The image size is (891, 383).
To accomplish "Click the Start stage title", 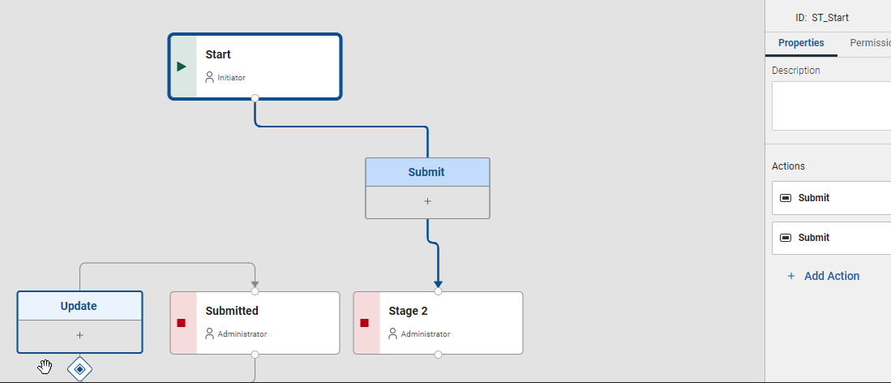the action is (x=217, y=54).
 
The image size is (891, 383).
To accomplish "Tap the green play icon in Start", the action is (x=182, y=67).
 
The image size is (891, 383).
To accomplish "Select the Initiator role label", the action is (x=231, y=77).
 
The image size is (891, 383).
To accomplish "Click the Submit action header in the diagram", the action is (x=427, y=172).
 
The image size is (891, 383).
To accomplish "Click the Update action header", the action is (x=79, y=306).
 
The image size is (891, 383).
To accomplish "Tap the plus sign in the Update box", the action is (x=79, y=335).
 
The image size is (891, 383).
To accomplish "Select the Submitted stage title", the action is (x=232, y=311).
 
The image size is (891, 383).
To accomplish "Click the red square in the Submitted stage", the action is (x=182, y=323).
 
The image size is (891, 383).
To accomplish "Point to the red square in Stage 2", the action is (x=364, y=323).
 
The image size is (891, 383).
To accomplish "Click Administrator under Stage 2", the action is (x=425, y=334).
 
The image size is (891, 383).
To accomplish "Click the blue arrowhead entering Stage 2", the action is (x=438, y=284).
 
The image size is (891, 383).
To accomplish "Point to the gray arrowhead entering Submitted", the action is (x=255, y=284).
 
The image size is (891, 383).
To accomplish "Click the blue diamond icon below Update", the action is (x=79, y=369).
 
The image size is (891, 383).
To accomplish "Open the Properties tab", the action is (x=801, y=43).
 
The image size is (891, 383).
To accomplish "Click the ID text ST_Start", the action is (x=830, y=18).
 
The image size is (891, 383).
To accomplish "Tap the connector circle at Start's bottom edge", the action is (x=255, y=98).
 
